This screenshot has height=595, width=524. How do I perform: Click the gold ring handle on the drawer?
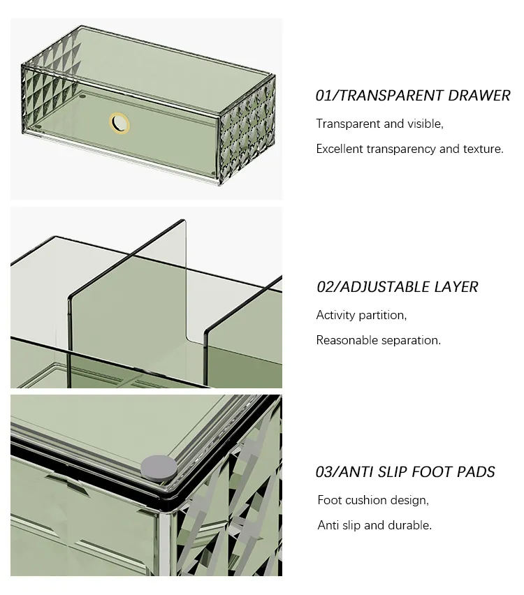[119, 124]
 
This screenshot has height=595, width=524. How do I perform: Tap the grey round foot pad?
[159, 467]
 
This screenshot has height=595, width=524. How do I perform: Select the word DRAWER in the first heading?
[479, 96]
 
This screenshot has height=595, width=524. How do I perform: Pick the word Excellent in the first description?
[340, 149]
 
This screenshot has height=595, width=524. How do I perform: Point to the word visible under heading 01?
[425, 124]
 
